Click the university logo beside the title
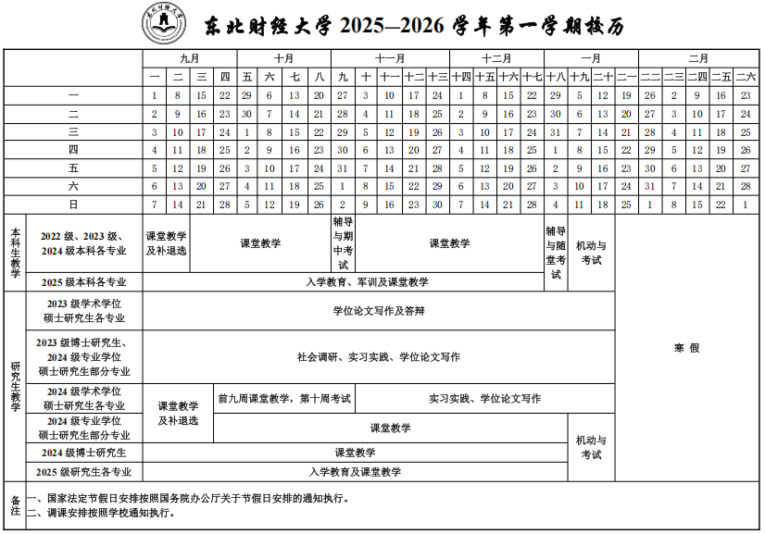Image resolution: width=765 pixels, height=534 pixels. point(163,23)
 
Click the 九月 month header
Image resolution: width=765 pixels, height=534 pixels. point(190,57)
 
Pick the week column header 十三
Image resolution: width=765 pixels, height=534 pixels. point(437,76)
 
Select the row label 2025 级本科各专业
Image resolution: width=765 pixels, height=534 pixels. point(83,281)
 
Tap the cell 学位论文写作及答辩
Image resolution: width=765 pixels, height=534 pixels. point(379,311)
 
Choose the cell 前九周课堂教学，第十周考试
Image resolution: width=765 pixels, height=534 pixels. point(284,398)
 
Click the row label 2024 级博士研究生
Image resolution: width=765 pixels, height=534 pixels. point(83,453)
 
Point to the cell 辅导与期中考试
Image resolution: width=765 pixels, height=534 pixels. point(342,243)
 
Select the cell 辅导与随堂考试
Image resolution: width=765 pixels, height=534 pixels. point(556,252)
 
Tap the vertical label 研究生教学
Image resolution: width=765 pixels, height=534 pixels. point(15,386)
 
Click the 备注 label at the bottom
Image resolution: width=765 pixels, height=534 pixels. point(15,504)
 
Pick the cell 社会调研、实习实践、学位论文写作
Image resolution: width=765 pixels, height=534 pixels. point(379,356)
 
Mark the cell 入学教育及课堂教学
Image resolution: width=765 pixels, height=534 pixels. point(356,472)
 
